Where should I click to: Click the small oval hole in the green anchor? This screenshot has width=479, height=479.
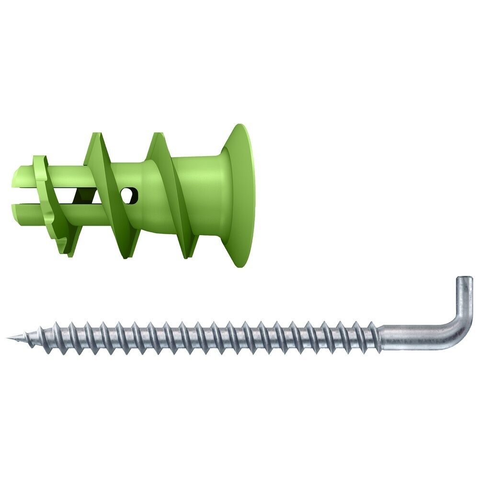click(x=129, y=194)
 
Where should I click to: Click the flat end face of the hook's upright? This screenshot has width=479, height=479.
click(x=464, y=278)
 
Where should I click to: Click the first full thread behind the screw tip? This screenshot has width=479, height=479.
click(x=32, y=338)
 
